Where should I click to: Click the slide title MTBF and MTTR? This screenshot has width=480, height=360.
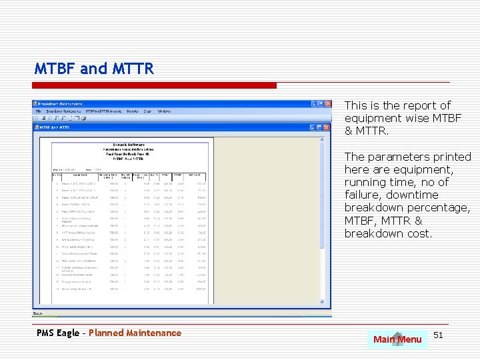[94, 68]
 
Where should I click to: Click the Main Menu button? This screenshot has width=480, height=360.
[397, 339]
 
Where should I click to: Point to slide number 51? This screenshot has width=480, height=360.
[438, 334]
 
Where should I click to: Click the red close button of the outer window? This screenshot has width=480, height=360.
[327, 104]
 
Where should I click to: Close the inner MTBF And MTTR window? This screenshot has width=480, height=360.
[327, 127]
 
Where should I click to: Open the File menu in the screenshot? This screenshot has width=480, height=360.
[39, 111]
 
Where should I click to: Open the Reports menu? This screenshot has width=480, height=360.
[132, 111]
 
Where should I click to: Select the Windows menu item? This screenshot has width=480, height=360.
[164, 111]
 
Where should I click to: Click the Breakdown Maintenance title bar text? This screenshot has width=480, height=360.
[60, 104]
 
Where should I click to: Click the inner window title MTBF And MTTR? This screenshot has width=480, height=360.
[55, 127]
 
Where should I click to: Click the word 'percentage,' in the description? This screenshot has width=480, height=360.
[439, 207]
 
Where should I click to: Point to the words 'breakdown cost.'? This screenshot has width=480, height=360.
[388, 233]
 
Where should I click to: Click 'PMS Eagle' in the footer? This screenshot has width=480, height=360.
[58, 333]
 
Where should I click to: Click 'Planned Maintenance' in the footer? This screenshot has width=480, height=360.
[135, 333]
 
